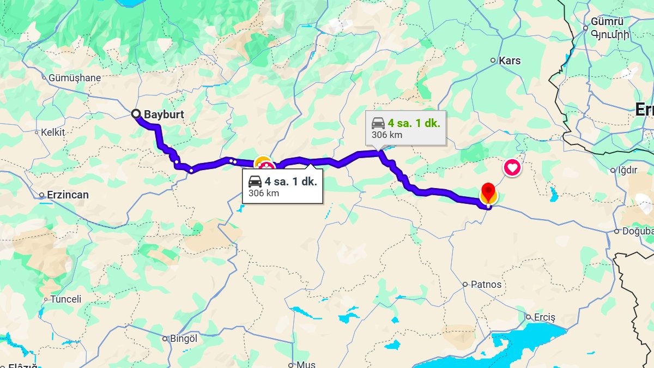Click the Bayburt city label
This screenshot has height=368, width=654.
tap(163, 114)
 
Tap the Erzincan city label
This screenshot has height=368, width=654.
tap(68, 195)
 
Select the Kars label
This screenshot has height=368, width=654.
tap(510, 61)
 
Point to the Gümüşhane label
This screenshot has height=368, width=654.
tap(75, 78)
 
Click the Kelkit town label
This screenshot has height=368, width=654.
tap(53, 132)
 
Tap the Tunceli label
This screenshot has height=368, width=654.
tap(66, 299)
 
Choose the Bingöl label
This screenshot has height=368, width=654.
tap(183, 339)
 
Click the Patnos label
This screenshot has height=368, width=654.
tap(486, 284)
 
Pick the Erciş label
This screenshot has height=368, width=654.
tap(544, 317)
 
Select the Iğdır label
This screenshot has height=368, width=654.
tap(627, 170)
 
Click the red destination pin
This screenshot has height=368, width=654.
tap(488, 192)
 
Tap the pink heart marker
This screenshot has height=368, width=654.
tap(512, 167)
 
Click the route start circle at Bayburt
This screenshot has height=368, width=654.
tap(136, 113)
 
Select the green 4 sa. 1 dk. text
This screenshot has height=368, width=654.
tap(414, 123)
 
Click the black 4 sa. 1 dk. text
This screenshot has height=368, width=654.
tap(290, 182)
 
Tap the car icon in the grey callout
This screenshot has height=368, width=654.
tap(378, 123)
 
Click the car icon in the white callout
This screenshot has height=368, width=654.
tap(255, 182)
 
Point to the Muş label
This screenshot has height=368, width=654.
tap(306, 364)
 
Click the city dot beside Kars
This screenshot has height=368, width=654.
tap(493, 61)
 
